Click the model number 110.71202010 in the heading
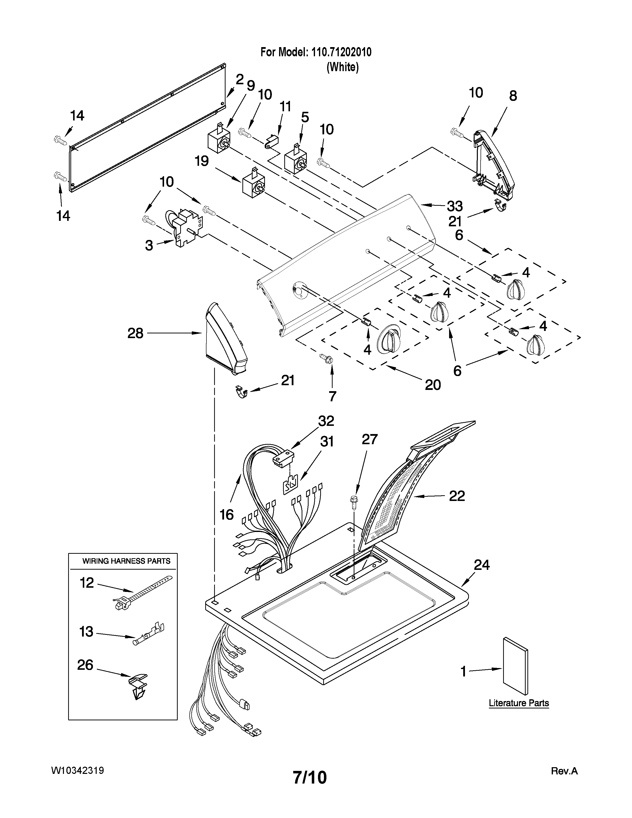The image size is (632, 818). point(341,52)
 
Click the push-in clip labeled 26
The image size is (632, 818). point(138,685)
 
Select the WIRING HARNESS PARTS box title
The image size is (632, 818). point(126,561)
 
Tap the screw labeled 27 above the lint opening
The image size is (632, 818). point(353,503)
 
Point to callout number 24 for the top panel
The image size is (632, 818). point(482,565)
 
